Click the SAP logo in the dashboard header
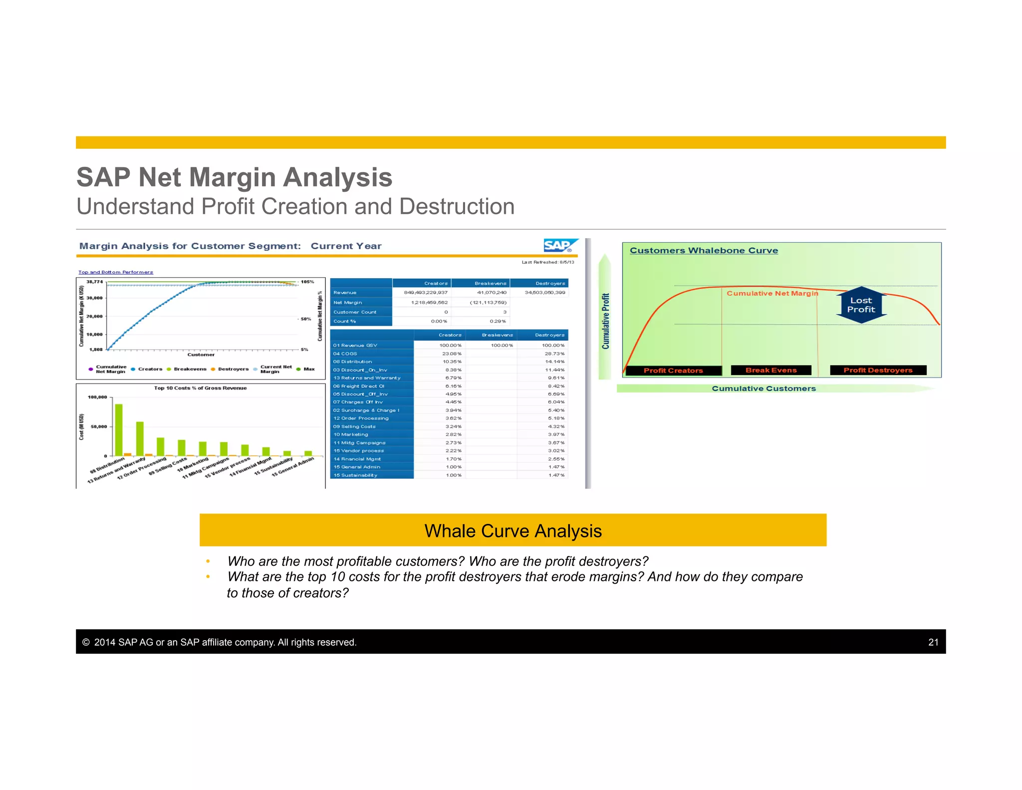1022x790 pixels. (x=559, y=245)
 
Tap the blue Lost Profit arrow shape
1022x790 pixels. (x=861, y=305)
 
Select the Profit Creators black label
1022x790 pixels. (x=673, y=371)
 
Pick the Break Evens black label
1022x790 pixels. (x=771, y=370)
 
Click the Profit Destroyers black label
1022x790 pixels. (x=878, y=370)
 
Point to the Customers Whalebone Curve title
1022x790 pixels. (x=703, y=250)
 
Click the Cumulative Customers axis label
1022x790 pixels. (x=763, y=389)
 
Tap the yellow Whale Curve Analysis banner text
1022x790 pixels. (x=512, y=531)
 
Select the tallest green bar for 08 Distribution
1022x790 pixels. (x=119, y=429)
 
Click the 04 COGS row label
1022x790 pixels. (x=345, y=354)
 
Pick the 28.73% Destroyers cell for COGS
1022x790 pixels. (x=554, y=354)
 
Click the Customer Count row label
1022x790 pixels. (x=355, y=312)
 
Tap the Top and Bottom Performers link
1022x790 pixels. (x=116, y=272)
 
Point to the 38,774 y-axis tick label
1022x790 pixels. (x=95, y=282)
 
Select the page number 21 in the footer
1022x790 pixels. (x=933, y=642)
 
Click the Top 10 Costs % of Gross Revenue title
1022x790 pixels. (x=200, y=388)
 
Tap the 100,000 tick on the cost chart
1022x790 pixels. (x=97, y=397)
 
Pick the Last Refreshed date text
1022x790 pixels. (x=547, y=262)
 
